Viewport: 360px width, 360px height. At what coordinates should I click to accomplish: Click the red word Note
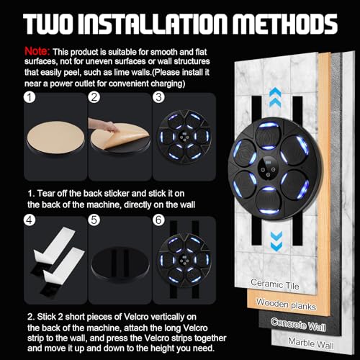(37, 51)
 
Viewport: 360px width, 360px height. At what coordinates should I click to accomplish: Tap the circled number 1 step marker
(30, 97)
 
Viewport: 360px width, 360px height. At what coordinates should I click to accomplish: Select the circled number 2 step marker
(94, 97)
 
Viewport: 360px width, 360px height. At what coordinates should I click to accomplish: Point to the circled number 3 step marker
(158, 97)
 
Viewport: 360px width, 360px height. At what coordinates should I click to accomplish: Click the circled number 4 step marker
(30, 220)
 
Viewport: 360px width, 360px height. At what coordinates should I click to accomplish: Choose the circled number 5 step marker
(94, 220)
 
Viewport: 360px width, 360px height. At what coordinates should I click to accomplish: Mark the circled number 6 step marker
(158, 220)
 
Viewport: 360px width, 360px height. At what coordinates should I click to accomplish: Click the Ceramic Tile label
(275, 284)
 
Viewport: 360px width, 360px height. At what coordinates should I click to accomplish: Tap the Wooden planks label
(286, 305)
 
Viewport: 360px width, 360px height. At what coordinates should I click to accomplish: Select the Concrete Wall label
(298, 324)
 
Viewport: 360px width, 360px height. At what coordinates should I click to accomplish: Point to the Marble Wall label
(311, 343)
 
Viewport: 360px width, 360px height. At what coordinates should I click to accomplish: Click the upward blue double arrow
(275, 97)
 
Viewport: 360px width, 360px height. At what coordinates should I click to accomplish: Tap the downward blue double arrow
(276, 241)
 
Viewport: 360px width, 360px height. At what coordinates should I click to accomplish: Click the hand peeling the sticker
(104, 125)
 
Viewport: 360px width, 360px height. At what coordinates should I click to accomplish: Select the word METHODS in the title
(285, 24)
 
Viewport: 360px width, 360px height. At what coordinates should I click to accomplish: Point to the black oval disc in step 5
(120, 263)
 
